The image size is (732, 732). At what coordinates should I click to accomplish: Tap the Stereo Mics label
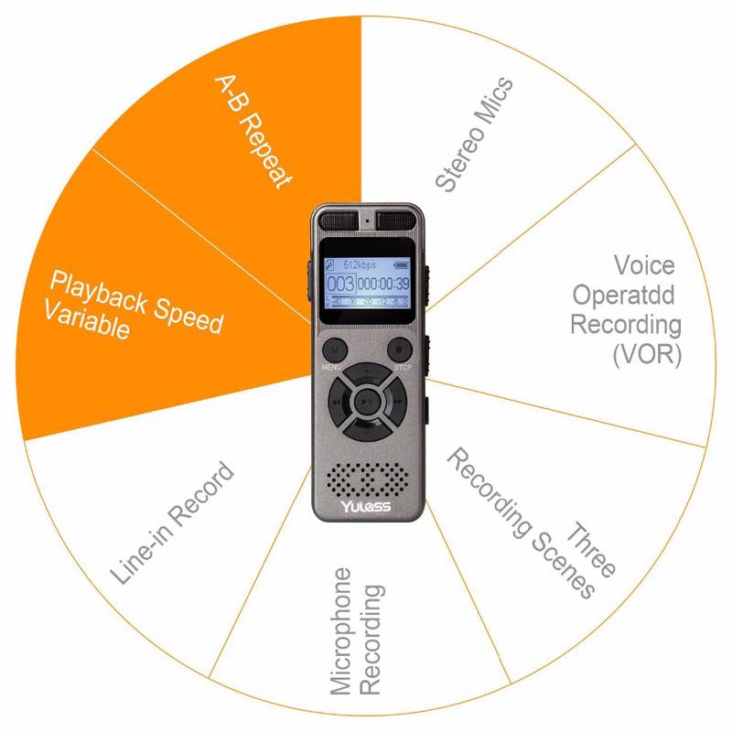click(474, 135)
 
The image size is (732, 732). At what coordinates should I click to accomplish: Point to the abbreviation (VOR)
click(647, 354)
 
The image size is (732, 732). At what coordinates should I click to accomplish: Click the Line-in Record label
click(173, 523)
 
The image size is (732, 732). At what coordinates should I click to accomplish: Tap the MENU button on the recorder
click(333, 350)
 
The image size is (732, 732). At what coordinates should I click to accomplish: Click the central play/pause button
click(366, 400)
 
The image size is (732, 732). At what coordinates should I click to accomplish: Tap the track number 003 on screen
click(340, 283)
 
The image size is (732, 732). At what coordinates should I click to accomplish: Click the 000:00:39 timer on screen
click(382, 284)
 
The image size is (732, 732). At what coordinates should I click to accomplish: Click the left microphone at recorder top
click(337, 220)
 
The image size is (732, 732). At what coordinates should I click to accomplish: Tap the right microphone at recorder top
click(395, 220)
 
